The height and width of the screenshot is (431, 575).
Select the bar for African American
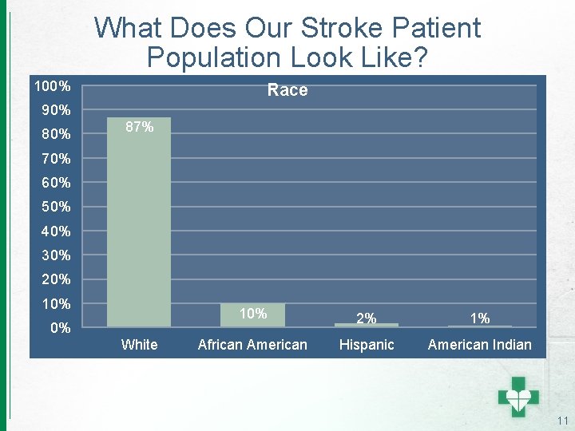click(252, 315)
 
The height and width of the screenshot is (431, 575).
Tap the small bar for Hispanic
click(366, 324)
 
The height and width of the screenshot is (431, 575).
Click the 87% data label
click(139, 127)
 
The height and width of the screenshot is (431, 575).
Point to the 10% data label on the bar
click(252, 314)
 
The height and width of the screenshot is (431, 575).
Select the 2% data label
click(366, 318)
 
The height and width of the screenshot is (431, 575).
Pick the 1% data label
click(479, 318)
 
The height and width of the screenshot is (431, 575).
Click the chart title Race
click(287, 90)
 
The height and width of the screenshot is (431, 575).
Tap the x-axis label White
click(139, 345)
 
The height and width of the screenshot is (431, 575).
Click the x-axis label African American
click(252, 345)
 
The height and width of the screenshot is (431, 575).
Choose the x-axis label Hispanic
click(367, 345)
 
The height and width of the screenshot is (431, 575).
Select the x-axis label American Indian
click(479, 345)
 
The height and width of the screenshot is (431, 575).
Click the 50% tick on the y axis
click(54, 207)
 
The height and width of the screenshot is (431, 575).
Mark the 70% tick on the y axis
click(54, 158)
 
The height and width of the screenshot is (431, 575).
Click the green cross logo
click(519, 396)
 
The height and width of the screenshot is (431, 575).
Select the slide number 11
click(562, 421)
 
